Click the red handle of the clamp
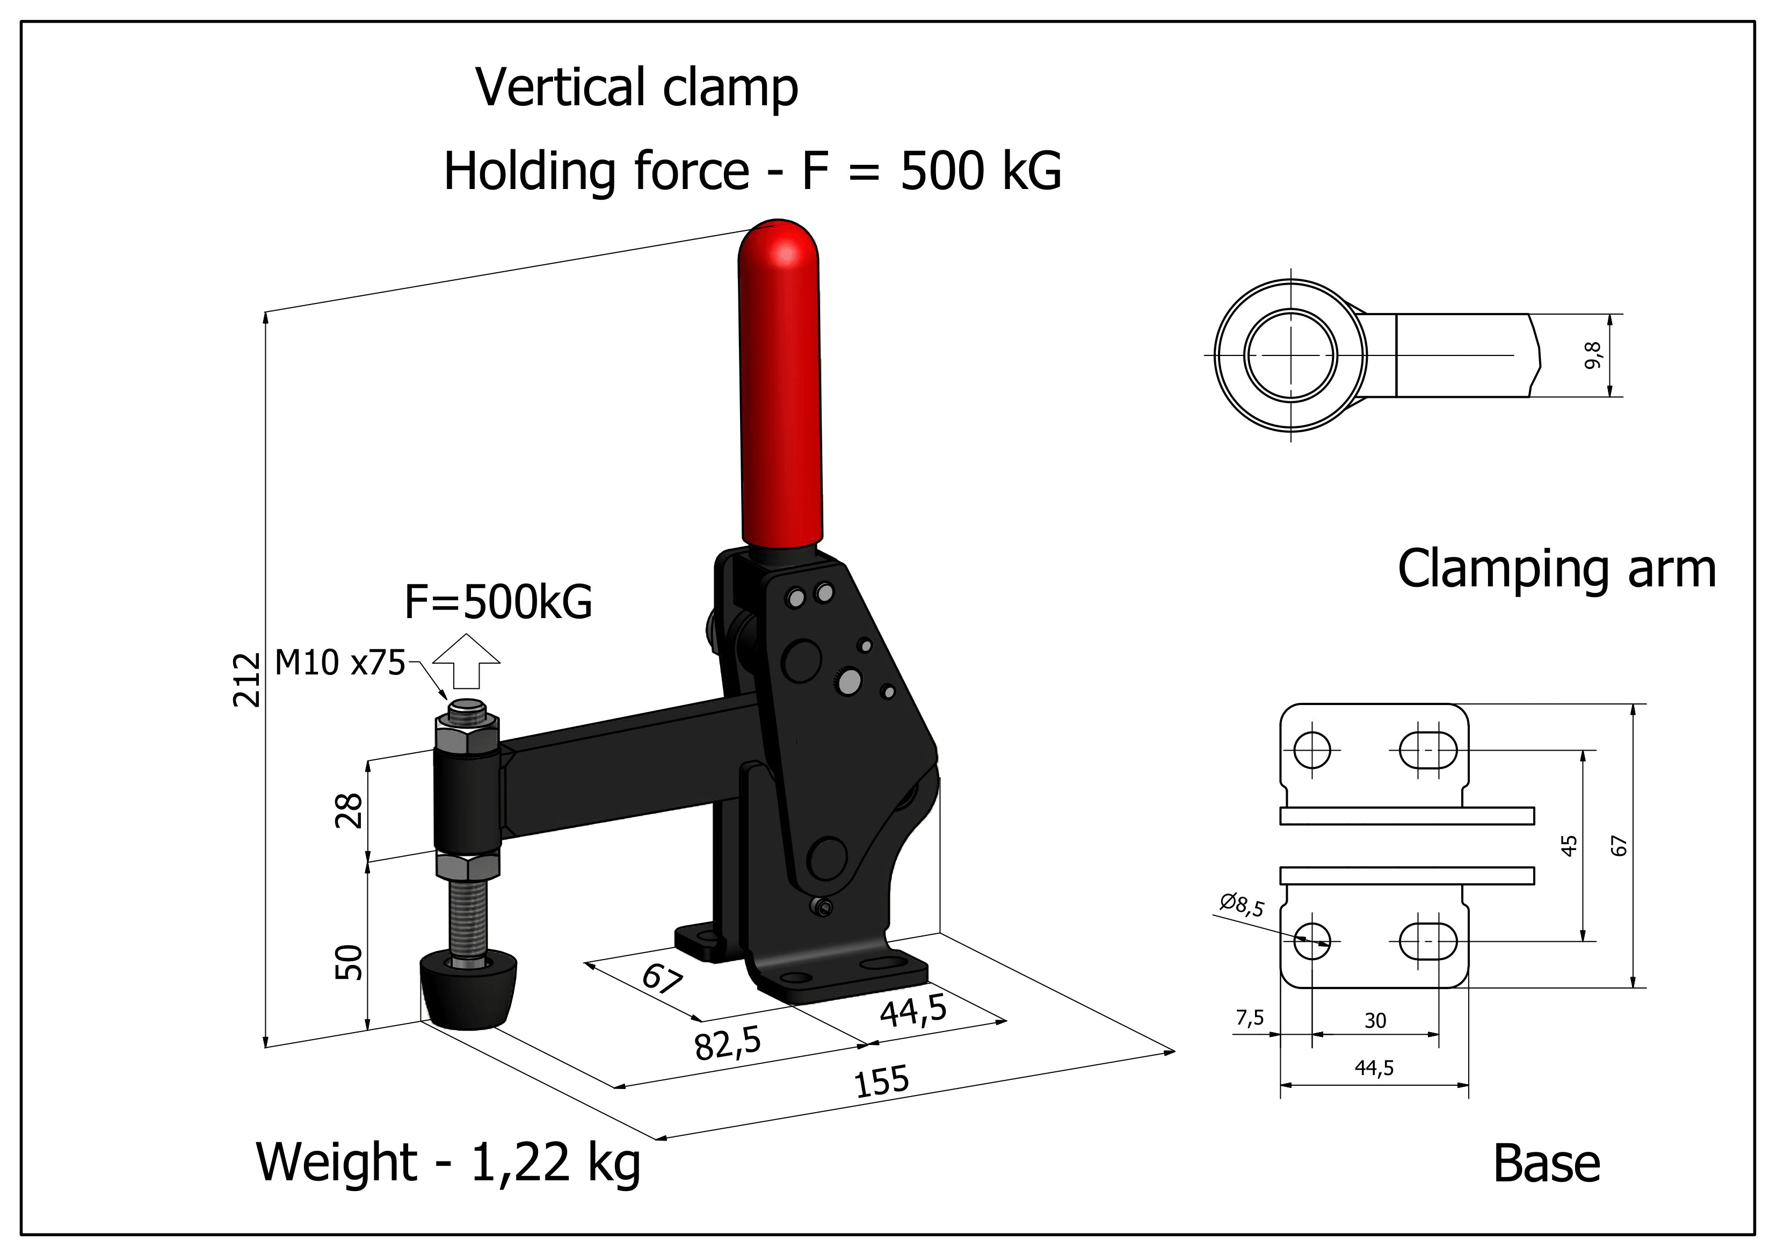780,387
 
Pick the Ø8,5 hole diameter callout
1242,904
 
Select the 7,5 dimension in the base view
1249,1018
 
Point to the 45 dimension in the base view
1568,846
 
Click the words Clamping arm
1556,570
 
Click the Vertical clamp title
636,88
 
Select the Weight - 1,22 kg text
448,1163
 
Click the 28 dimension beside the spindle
349,810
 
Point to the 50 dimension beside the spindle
349,962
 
